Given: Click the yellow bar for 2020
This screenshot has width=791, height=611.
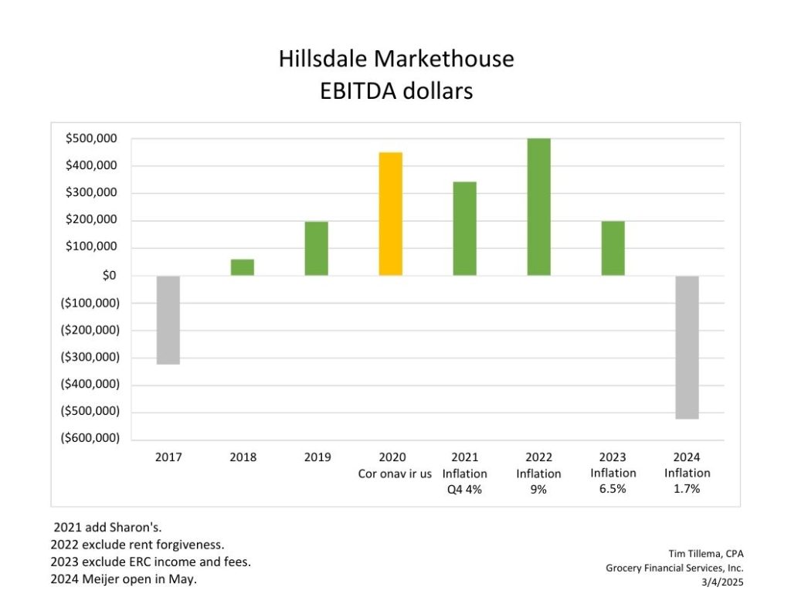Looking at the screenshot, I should click(x=391, y=214).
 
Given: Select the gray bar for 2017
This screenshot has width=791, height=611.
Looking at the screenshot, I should click(x=168, y=320).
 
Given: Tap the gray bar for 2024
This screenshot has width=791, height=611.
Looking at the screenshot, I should click(x=687, y=347).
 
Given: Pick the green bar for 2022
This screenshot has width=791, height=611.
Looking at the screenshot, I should click(x=539, y=207).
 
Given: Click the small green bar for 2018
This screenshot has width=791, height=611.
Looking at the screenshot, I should click(x=243, y=267).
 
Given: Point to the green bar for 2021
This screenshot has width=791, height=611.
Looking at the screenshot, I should click(x=465, y=229).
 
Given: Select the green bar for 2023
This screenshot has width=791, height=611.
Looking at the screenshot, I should click(x=613, y=249).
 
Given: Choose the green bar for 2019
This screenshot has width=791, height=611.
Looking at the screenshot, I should click(x=317, y=249).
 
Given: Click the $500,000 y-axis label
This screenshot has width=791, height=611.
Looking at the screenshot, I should click(x=91, y=139).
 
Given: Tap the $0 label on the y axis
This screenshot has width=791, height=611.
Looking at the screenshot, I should click(x=110, y=276).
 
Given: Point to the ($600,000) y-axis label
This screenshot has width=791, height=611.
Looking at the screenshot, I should click(x=90, y=439).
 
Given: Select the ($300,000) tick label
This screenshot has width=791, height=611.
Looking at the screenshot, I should click(x=90, y=357).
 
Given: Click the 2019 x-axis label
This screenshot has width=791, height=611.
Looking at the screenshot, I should click(x=317, y=457).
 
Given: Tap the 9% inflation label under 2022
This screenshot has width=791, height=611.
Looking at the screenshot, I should click(x=539, y=489).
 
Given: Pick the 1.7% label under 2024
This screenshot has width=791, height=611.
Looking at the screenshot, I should click(x=687, y=489).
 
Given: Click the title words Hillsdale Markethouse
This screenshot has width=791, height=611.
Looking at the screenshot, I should click(x=395, y=59).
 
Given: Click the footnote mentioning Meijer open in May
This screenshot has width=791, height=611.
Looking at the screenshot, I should click(x=123, y=579).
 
